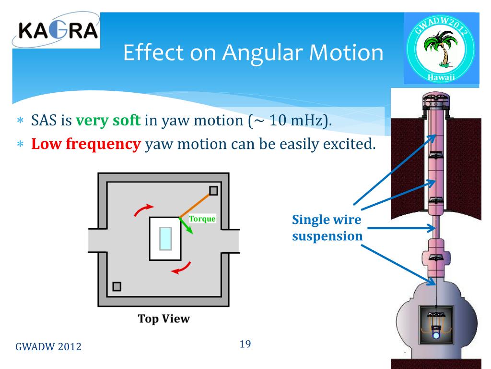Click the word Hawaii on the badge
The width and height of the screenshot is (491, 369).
click(441, 78)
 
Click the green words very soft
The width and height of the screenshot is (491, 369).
click(108, 120)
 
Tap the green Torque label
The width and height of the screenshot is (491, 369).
click(202, 219)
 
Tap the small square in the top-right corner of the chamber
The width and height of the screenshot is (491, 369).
click(213, 191)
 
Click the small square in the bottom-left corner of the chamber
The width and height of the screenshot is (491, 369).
click(116, 287)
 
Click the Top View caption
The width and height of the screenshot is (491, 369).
click(164, 319)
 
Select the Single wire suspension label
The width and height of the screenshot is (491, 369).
click(327, 228)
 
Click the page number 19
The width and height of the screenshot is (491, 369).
click(245, 344)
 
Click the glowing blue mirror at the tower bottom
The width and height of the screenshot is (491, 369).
click(435, 335)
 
